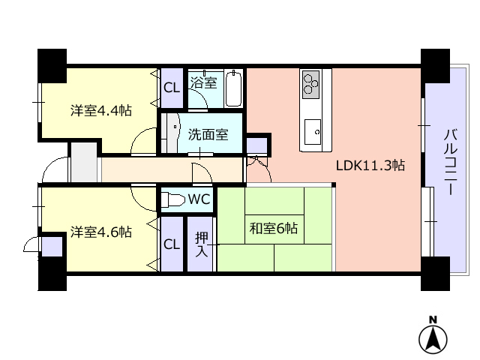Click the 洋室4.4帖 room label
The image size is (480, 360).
coord(101,110)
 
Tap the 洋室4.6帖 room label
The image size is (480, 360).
coord(101,232)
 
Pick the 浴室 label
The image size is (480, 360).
coord(205,82)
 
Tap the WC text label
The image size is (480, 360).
coord(198,199)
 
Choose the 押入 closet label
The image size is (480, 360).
coord(201,244)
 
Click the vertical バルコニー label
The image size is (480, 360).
coord(450,163)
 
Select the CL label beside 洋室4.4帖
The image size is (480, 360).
coord(172,88)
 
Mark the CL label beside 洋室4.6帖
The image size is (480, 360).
coord(172,244)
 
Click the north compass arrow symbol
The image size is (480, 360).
coord(433,340)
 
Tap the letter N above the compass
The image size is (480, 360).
coord(433,320)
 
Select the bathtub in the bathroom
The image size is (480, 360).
coord(234,88)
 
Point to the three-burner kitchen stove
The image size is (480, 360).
coord(312,82)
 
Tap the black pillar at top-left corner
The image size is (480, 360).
coord(52,65)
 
